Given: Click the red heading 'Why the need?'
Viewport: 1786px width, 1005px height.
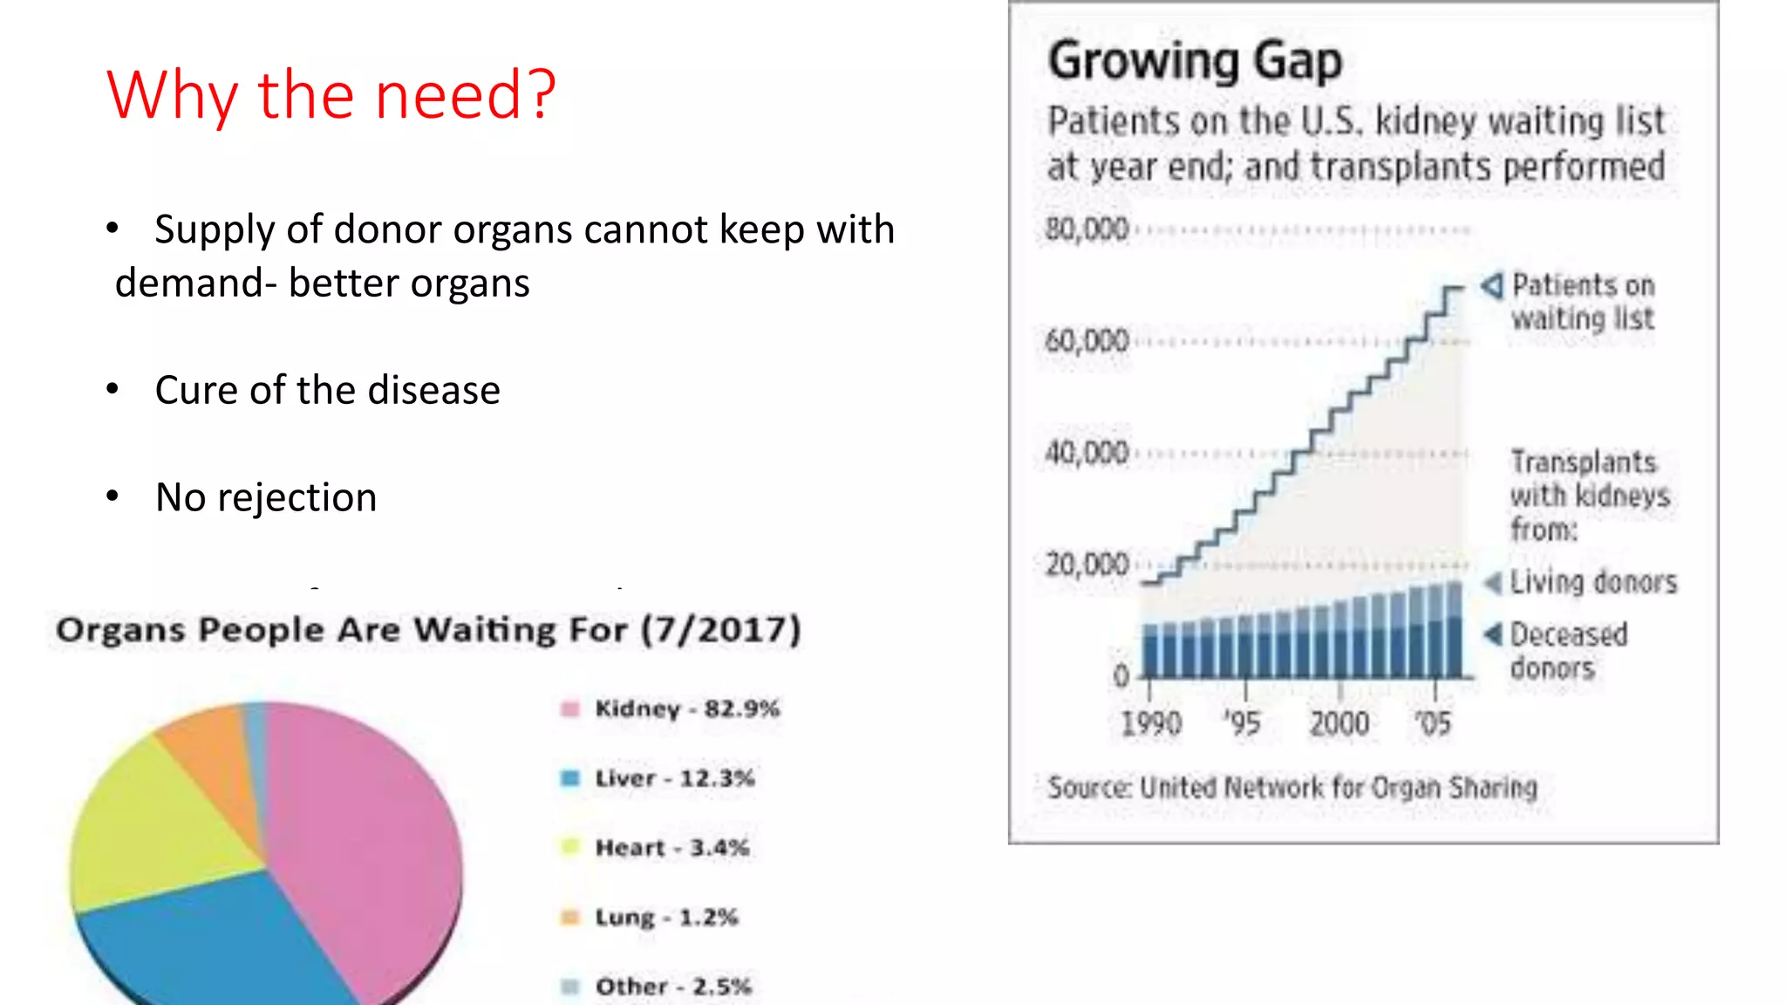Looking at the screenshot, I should pos(331,94).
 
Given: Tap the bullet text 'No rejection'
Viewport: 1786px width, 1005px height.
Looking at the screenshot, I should pos(265,497).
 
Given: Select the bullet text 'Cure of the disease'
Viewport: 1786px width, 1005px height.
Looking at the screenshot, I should pos(327,390).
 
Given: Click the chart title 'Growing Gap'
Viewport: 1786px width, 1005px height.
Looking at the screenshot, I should pos(1194,61).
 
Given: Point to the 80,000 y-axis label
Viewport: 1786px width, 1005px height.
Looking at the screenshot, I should pos(1087,229).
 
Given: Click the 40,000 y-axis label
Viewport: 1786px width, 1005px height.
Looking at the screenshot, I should pos(1087,453).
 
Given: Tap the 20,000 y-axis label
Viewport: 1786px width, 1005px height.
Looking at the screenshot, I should pos(1087,564).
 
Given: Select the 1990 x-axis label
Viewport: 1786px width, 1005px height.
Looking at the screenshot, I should pos(1150,723).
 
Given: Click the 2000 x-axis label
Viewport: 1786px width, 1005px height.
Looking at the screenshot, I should pos(1339,723).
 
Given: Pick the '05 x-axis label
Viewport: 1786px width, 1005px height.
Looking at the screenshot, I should pos(1433,723).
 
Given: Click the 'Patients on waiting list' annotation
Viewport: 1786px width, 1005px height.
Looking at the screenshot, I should pos(1582,302).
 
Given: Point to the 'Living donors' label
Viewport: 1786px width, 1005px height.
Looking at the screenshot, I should pos(1592,582).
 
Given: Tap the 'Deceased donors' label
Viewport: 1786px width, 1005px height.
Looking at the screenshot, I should pos(1568,651).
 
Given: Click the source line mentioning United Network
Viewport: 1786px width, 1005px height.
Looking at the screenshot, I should pos(1292,788).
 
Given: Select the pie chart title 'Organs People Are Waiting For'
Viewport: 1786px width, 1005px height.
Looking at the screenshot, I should pos(427,630).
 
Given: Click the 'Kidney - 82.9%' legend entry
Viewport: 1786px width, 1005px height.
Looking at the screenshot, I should pos(686,708).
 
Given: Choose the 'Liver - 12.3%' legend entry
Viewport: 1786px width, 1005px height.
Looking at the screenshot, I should pos(673,778).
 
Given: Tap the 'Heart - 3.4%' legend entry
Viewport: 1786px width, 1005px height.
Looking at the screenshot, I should pos(671,848).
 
